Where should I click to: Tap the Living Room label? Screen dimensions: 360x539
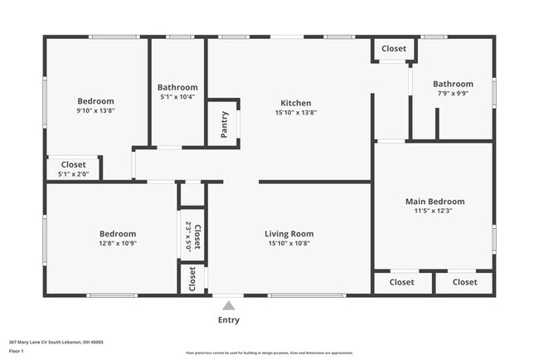[x=289, y=234]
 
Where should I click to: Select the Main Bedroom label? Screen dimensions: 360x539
[x=434, y=202]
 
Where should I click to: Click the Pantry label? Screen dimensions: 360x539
[x=224, y=124]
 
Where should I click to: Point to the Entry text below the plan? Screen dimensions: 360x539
[x=229, y=319]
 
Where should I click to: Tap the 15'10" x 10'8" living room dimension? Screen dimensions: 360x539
[x=289, y=244]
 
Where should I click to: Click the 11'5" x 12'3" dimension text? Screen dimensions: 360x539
[x=434, y=212]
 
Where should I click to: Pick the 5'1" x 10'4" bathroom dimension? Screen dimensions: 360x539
[x=177, y=97]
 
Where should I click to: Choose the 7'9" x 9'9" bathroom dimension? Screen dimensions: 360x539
[x=453, y=94]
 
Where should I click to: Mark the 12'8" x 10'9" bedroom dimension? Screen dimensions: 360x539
[x=118, y=244]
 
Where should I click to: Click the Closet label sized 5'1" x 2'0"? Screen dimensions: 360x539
[x=73, y=165]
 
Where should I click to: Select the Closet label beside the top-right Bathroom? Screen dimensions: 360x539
[x=394, y=49]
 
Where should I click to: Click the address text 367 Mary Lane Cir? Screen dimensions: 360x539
[x=49, y=341]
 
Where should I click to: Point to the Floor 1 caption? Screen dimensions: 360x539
[x=17, y=351]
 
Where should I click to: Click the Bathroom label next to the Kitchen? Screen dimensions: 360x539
[x=177, y=87]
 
